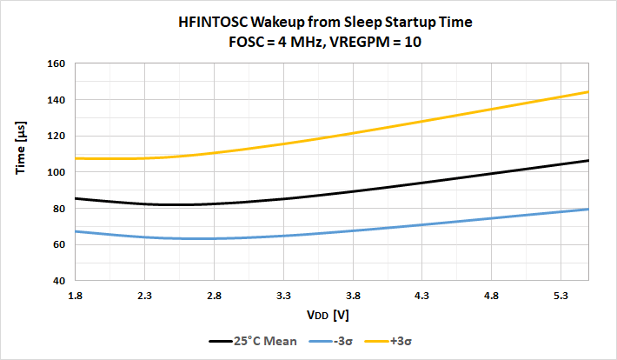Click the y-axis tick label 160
click(56, 63)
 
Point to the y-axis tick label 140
click(56, 100)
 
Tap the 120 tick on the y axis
click(56, 136)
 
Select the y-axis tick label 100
click(56, 172)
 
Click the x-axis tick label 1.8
click(76, 296)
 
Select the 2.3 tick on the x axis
click(145, 296)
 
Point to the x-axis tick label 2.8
click(215, 296)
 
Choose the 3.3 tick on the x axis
click(283, 296)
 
